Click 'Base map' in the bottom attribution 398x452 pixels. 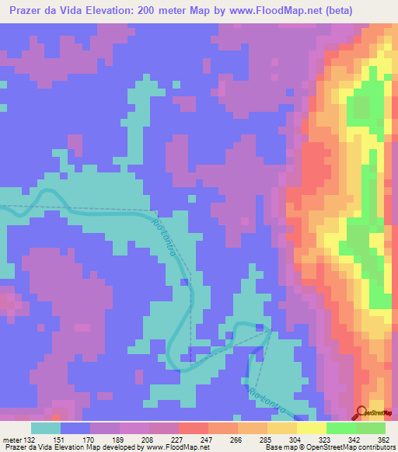[279, 447]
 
